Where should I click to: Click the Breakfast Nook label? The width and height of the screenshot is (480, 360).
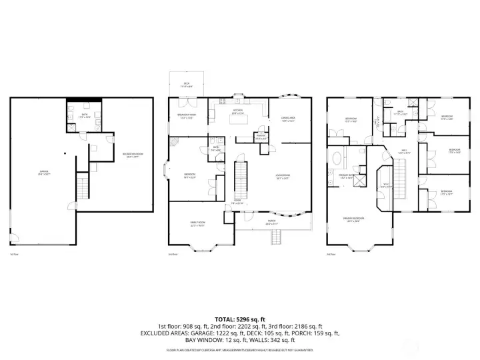pyautogui.click(x=186, y=115)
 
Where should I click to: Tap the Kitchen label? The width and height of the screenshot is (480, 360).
pyautogui.click(x=238, y=112)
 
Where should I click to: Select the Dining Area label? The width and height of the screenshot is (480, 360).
pyautogui.click(x=288, y=120)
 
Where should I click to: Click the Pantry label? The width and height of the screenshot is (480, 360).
pyautogui.click(x=261, y=138)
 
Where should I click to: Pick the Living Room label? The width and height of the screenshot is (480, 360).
pyautogui.click(x=283, y=177)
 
